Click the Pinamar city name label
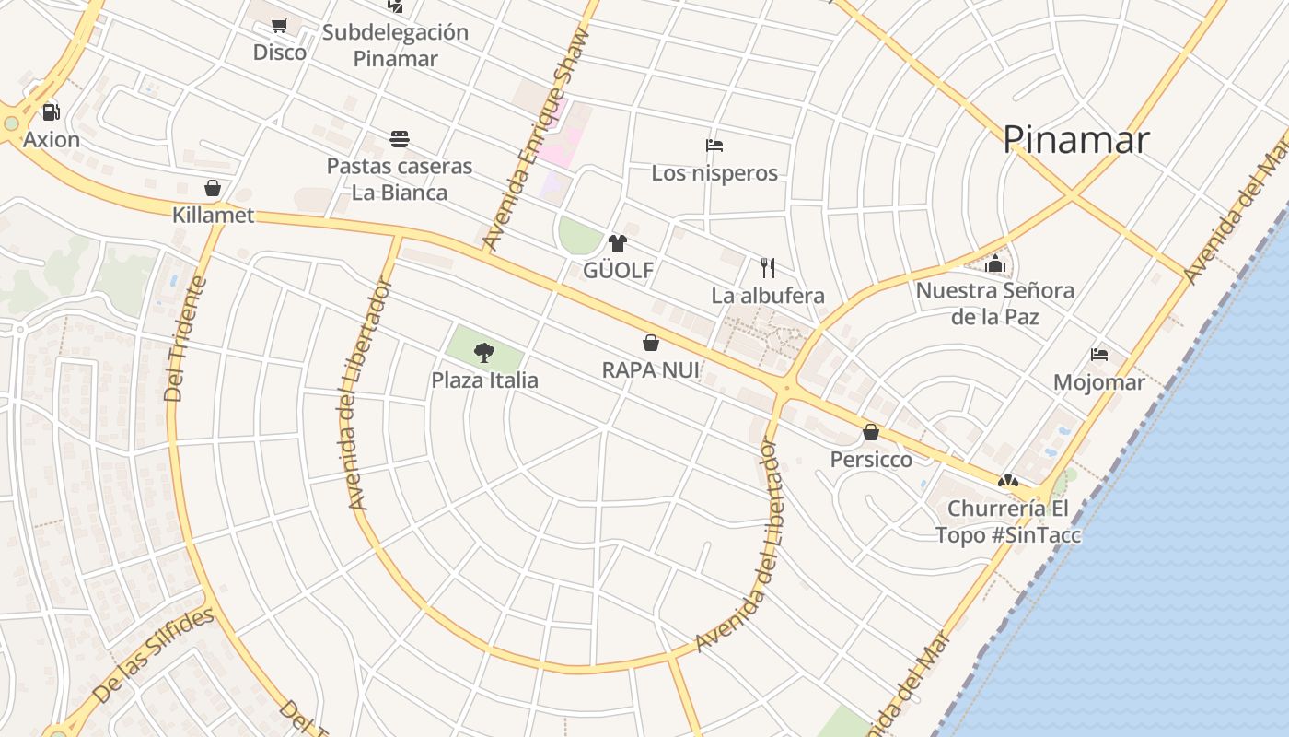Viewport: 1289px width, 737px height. coord(1075,140)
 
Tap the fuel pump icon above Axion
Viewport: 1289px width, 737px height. coord(52,112)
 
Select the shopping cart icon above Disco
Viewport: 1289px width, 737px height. coord(280,26)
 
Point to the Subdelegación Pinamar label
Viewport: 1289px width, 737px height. coord(395,45)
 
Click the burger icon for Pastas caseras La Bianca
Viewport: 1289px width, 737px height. coord(400,139)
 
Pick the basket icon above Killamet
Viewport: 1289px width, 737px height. coord(213,189)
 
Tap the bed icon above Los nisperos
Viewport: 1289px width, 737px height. coord(714,146)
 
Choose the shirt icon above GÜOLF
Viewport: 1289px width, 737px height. coord(618,243)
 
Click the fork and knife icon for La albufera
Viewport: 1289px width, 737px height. coord(768,268)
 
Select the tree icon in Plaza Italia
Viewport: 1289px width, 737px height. coord(484,352)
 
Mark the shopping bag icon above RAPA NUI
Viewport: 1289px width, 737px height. coord(651,343)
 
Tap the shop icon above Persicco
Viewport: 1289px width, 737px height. coord(871,432)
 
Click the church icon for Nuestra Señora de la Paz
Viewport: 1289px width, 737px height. coord(994,264)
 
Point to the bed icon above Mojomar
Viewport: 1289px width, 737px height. coord(1098,355)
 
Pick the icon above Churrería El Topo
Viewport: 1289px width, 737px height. coord(1008,481)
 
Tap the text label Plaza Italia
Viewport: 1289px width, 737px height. coord(485,380)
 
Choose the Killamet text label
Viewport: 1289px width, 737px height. coord(213,216)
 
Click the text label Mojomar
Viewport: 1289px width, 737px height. coord(1098,382)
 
